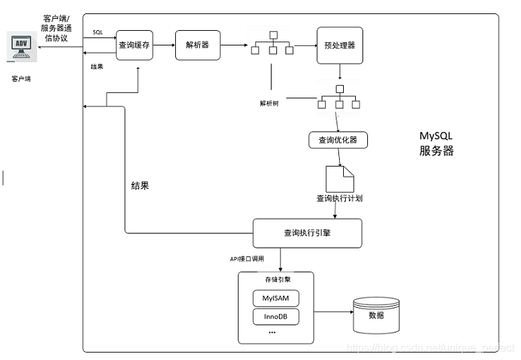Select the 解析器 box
point(197,45)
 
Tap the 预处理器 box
point(339,46)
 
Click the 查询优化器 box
point(338,140)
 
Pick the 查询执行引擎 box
point(307,234)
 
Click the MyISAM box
point(276,298)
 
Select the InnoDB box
point(276,316)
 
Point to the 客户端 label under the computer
point(21,78)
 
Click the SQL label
point(98,32)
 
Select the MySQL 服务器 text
point(436,144)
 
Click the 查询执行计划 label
point(339,199)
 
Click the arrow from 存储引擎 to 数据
point(333,311)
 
